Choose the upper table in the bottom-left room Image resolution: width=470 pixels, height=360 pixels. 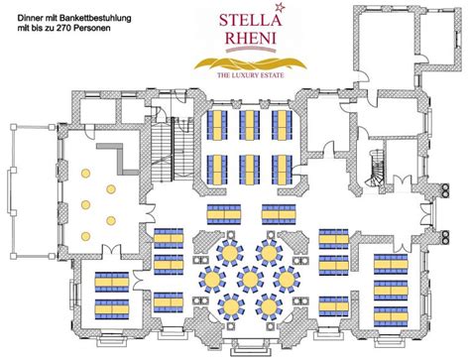(112, 282)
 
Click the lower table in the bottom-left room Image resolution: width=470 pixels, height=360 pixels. (112, 306)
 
